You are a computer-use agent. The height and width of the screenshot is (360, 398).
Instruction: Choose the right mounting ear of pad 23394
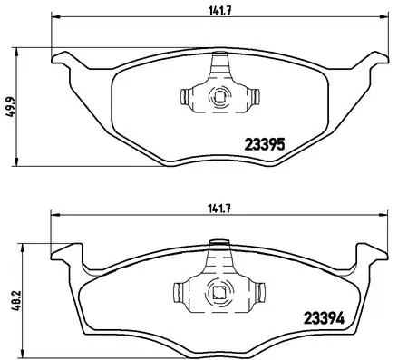point(372,255)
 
